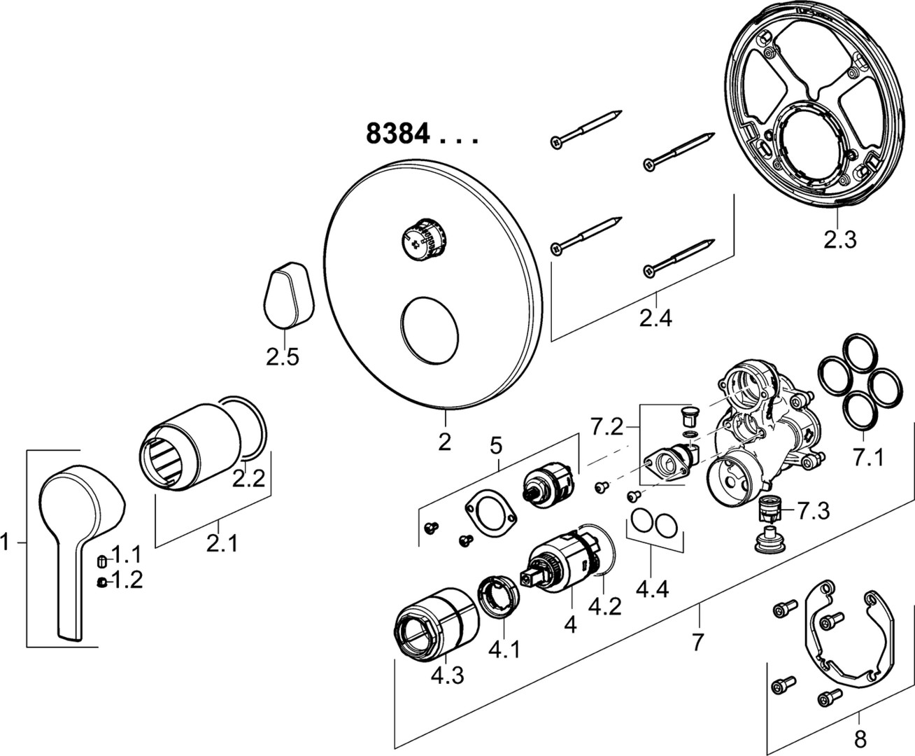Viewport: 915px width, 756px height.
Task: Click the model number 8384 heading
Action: pos(397,133)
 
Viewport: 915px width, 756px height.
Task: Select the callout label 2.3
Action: pos(839,240)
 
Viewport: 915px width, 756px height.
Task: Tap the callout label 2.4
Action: pos(655,318)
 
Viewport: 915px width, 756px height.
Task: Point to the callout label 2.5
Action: pos(282,357)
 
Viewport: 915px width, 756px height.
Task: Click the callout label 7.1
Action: pos(867,458)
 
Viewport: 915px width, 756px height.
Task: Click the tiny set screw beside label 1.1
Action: pos(102,561)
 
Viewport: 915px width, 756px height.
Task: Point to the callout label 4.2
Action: pos(604,605)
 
